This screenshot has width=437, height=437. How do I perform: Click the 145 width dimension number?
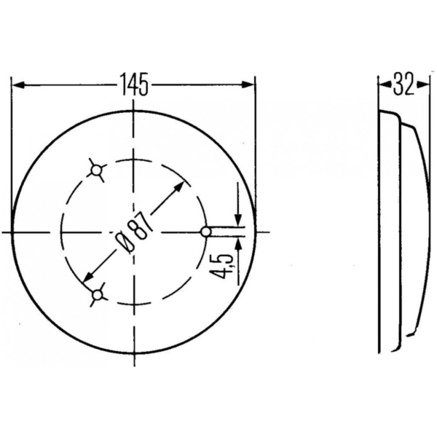pos(134,84)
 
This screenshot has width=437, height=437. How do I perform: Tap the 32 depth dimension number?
pos(403,84)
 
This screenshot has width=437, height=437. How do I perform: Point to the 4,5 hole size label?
pos(222,266)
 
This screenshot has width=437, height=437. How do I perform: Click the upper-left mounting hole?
pos(96,170)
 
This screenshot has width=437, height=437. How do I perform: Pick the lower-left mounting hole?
pos(98,294)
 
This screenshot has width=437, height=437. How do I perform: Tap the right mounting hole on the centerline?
pos(206,232)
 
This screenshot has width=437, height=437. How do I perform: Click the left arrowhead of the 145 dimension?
pos(18,85)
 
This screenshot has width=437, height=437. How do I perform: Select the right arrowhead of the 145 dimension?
pos(248,84)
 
